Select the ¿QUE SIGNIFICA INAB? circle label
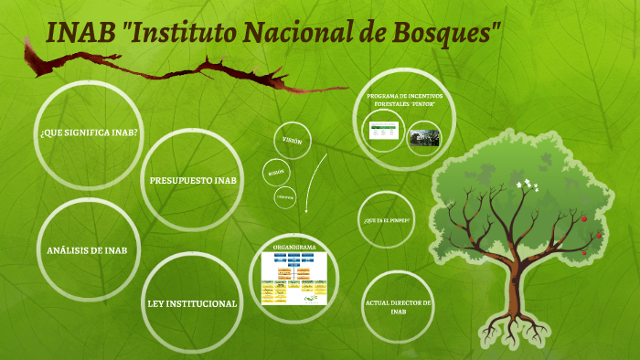click(89, 132)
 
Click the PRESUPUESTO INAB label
click(193, 180)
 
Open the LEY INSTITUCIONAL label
click(192, 302)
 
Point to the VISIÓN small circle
click(292, 141)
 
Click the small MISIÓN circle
click(273, 173)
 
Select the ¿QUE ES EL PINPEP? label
click(386, 221)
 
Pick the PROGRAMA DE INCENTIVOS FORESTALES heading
click(404, 101)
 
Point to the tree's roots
click(517, 324)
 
